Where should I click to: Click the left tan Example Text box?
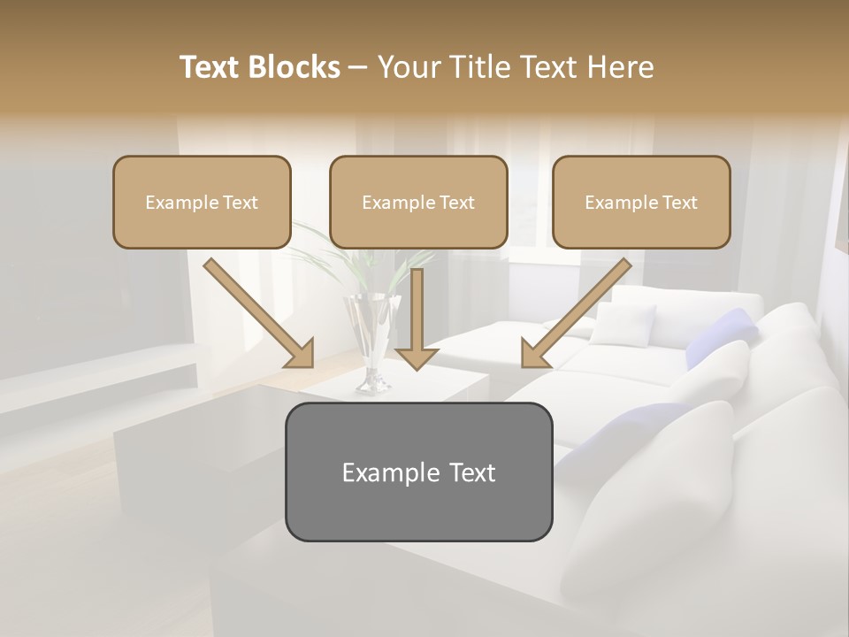(x=202, y=203)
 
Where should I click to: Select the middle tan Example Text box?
(x=418, y=203)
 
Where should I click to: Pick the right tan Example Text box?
(x=641, y=203)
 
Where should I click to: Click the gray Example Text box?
(x=418, y=472)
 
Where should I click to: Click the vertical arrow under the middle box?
(x=417, y=310)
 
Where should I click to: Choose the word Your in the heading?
(x=409, y=67)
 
